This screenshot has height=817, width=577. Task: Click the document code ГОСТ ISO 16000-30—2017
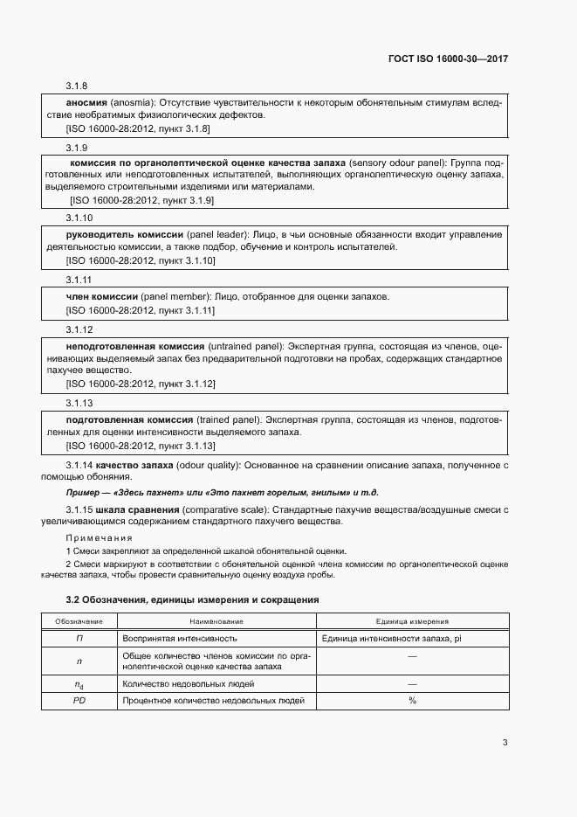point(448,59)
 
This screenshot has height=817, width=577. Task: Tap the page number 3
point(505,743)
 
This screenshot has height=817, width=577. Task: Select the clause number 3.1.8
point(77,86)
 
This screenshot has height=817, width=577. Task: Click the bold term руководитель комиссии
point(125,235)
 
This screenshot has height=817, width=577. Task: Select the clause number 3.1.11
point(79,279)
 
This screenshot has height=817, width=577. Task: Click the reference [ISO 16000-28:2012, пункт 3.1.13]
point(141,446)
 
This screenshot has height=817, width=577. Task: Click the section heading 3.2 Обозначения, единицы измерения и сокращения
point(192,600)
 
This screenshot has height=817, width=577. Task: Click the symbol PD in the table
point(79,701)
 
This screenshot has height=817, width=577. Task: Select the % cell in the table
point(412,701)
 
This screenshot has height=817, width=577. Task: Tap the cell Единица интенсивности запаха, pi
point(392,638)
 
